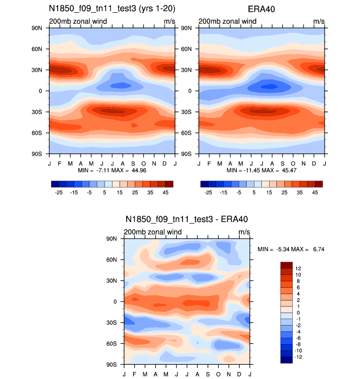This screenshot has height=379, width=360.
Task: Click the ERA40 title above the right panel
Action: click(x=261, y=9)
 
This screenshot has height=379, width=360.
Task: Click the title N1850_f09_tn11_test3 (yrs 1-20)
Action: click(x=112, y=9)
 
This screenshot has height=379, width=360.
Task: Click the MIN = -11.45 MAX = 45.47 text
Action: click(x=261, y=170)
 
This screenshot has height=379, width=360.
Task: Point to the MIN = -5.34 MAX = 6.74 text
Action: click(x=291, y=249)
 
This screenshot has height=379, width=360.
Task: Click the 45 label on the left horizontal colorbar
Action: click(x=166, y=193)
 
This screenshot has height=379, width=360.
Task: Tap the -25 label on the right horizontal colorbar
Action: click(x=208, y=193)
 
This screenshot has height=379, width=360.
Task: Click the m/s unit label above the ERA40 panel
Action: click(x=319, y=22)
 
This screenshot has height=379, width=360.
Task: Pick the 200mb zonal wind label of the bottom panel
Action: click(x=153, y=232)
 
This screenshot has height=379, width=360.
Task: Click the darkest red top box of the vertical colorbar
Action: click(x=286, y=265)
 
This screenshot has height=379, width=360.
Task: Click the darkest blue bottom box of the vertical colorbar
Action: click(x=286, y=360)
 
